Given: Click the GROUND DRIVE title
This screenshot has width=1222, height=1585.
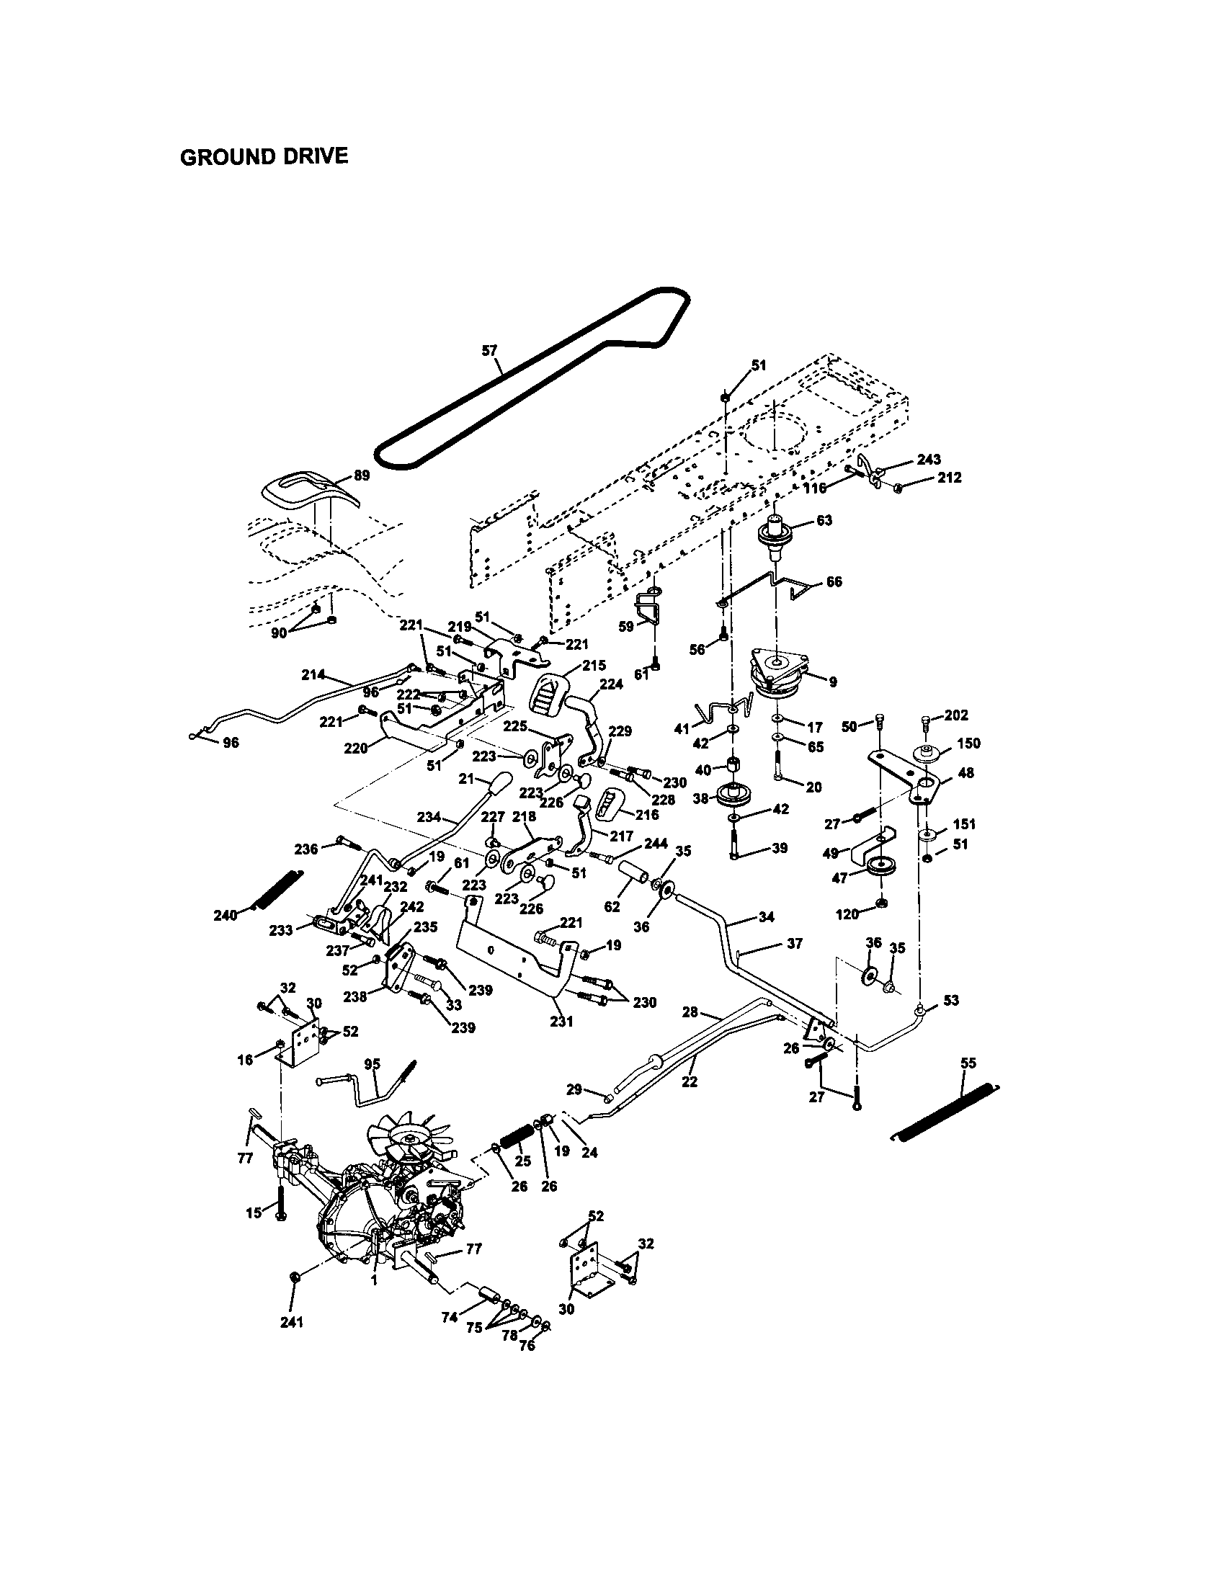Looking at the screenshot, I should coord(264,156).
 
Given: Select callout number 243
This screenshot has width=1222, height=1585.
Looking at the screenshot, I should coord(928,459).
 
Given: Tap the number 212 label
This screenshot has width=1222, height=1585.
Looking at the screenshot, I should coord(948,478).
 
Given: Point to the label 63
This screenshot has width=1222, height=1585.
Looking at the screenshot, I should coord(824,520).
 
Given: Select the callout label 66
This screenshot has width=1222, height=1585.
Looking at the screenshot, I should coord(834,581).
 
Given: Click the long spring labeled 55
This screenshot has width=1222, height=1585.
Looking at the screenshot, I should coord(943,1109).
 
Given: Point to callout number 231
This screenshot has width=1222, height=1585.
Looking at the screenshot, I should coord(561,1021).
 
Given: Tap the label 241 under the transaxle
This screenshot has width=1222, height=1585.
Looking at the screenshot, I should coord(292,1321).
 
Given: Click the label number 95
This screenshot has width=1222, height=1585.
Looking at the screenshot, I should coord(372,1064).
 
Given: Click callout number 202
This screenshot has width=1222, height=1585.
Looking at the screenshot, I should coord(956,715).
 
